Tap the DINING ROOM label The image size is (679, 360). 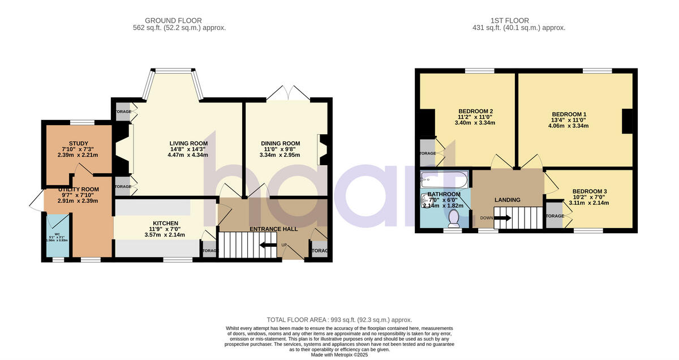(280, 143)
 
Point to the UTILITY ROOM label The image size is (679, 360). (78, 190)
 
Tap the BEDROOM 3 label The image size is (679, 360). (589, 191)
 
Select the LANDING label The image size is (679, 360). (507, 200)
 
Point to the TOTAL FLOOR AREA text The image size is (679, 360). (339, 320)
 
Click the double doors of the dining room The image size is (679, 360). (289, 94)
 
